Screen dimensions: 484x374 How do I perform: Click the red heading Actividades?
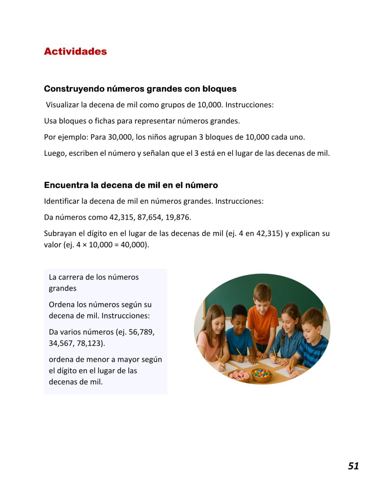coord(75,51)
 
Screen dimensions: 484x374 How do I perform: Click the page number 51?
coord(353,466)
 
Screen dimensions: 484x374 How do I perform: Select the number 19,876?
coord(177,217)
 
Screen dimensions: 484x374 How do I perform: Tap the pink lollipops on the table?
coord(239,375)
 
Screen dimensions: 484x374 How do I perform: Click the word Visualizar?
coord(62,105)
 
